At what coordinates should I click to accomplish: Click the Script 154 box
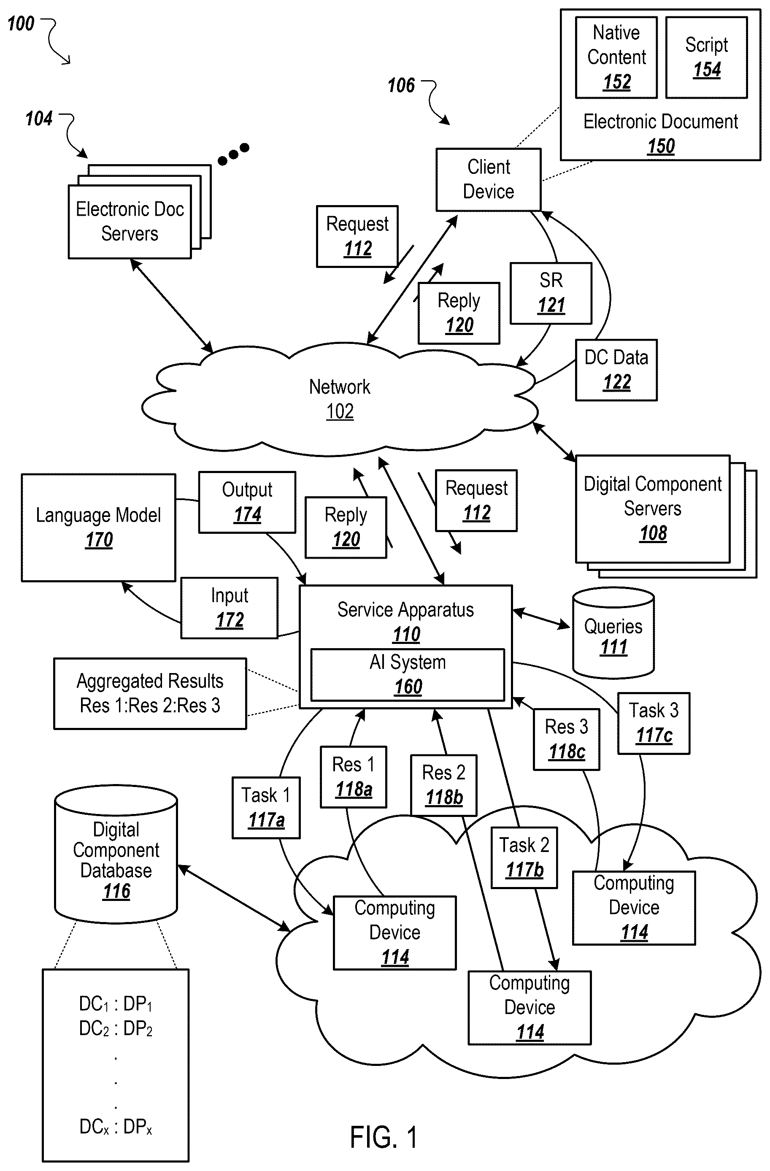707,57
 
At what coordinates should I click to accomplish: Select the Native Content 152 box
616,57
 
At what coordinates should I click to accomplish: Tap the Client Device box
489,180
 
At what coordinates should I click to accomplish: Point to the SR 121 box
551,293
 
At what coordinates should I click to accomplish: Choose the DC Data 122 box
616,370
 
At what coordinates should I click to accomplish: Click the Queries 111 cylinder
613,633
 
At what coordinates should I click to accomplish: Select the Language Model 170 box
98,527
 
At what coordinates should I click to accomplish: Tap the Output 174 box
247,502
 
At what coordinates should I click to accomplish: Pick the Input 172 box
229,608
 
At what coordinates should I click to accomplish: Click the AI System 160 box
408,675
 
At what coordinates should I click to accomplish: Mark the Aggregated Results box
150,693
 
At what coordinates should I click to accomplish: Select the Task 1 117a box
266,807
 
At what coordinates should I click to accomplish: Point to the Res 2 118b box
444,785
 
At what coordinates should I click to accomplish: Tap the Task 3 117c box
654,723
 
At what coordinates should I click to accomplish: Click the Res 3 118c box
567,739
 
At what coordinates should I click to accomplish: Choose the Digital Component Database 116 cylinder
116,854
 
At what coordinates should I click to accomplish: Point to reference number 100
21,24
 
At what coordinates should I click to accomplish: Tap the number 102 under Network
340,411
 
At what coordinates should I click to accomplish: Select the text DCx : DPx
116,1127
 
